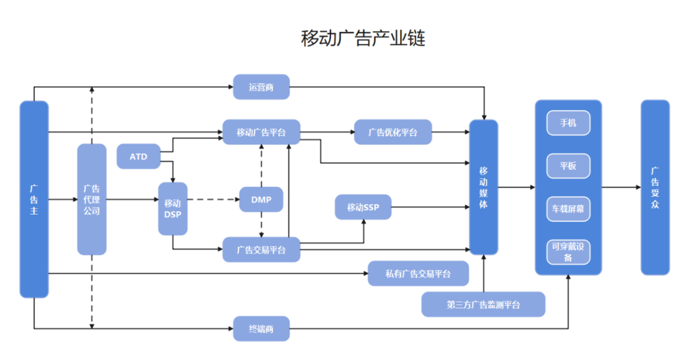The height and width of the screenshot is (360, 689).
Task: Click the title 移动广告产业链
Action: (363, 38)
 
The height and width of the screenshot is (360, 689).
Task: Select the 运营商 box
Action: (261, 87)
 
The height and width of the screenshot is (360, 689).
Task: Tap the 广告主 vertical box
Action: (34, 199)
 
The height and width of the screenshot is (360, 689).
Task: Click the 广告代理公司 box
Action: (91, 199)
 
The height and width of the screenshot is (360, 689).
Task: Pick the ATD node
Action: (138, 156)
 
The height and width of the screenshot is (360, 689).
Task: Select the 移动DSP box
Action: (173, 208)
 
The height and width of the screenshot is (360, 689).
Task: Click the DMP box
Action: (261, 200)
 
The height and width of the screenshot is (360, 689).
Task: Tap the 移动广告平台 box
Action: (261, 132)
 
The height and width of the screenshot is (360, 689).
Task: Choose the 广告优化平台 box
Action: (393, 132)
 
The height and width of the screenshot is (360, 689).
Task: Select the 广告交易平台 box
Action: (261, 250)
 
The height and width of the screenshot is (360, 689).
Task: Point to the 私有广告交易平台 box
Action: (418, 273)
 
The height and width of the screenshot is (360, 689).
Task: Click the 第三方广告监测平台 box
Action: (483, 304)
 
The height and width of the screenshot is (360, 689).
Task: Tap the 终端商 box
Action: (261, 329)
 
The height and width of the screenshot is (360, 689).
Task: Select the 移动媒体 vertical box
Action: (484, 188)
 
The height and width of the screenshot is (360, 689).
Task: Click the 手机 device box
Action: (568, 123)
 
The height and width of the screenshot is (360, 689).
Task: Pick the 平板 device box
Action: (568, 166)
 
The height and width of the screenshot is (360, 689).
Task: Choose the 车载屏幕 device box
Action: (568, 209)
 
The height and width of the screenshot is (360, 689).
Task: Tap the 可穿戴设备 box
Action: (568, 252)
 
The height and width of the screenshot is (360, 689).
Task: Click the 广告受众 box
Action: (655, 188)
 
